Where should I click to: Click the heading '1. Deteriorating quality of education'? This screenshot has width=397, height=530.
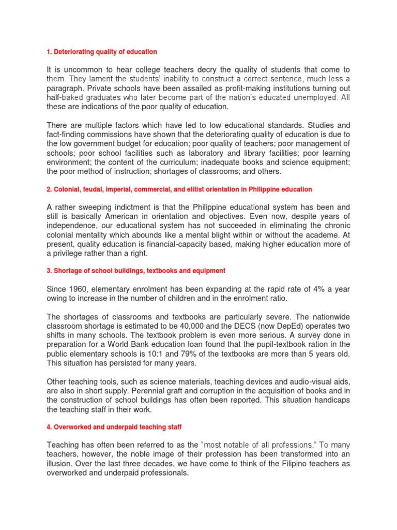(x=102, y=52)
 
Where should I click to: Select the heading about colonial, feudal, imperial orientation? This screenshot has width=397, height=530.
(x=179, y=189)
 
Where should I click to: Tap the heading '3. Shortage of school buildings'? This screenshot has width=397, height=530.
(x=136, y=271)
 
